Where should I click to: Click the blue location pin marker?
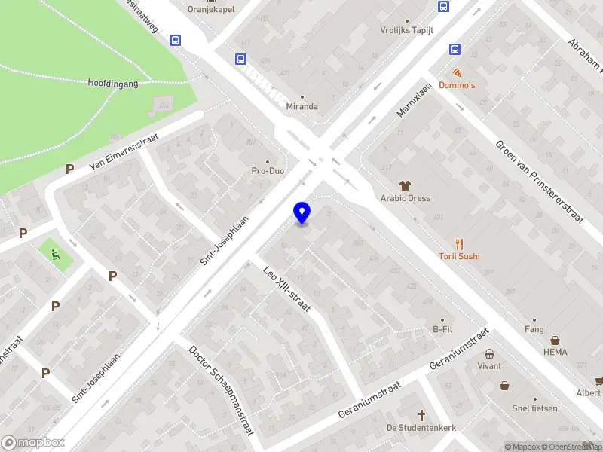[x=302, y=212]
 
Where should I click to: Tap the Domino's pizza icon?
[x=458, y=72]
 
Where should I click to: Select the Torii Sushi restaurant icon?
[x=460, y=243]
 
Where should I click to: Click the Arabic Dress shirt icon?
[x=405, y=185]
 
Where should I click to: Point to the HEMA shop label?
[x=556, y=352]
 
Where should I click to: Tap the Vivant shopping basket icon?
[x=489, y=353]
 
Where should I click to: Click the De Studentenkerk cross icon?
[x=422, y=415]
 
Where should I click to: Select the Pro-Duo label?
[x=267, y=171]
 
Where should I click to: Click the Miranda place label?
[x=301, y=106]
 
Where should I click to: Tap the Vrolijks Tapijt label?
[x=406, y=31]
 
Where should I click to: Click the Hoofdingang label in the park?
[x=113, y=84]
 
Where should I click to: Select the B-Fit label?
[x=442, y=329]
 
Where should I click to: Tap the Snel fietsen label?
[x=534, y=408]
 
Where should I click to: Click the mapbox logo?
[x=33, y=443]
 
